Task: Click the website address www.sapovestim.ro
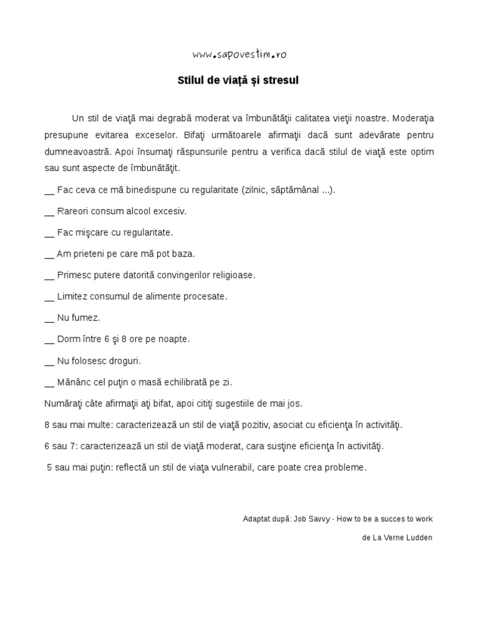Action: [x=239, y=54]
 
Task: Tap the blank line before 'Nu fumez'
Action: [x=49, y=319]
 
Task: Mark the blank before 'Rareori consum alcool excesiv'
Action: [x=49, y=213]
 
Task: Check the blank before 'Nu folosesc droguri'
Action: [x=49, y=362]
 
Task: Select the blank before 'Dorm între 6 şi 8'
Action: [x=49, y=341]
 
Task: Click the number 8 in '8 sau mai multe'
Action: [x=47, y=425]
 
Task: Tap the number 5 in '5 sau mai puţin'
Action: [x=49, y=467]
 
